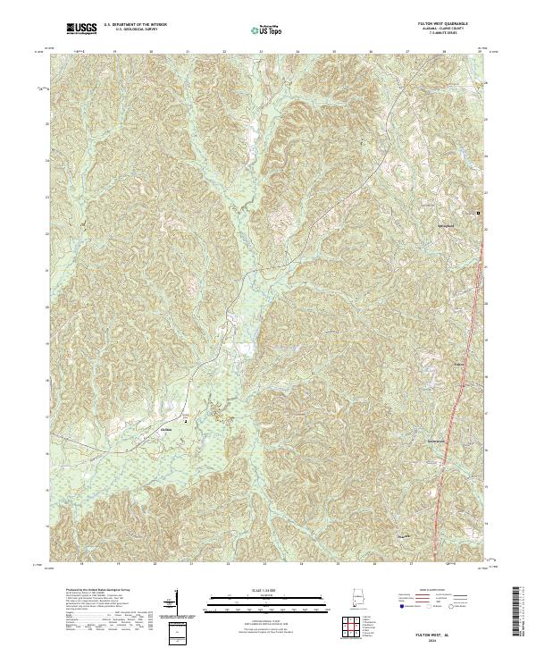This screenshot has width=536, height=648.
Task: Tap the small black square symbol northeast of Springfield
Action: (478, 214)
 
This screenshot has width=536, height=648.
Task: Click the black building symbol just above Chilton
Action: (186, 419)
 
